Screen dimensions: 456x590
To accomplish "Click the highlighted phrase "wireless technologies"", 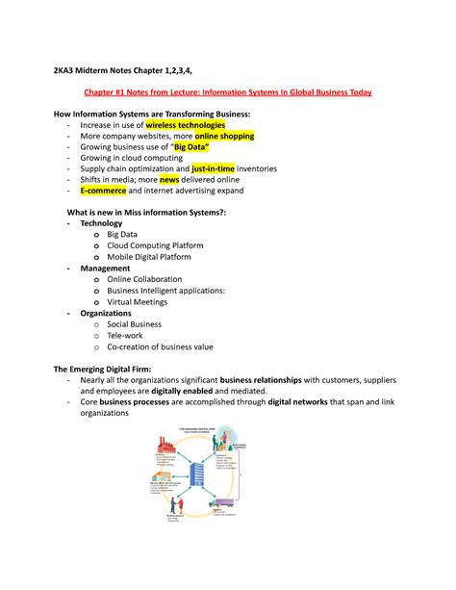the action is [185, 125].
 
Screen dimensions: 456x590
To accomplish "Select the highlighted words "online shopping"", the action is [222, 137].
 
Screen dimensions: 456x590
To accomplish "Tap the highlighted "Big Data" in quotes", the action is [214, 148].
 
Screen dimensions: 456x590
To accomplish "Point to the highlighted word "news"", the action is [169, 179].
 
